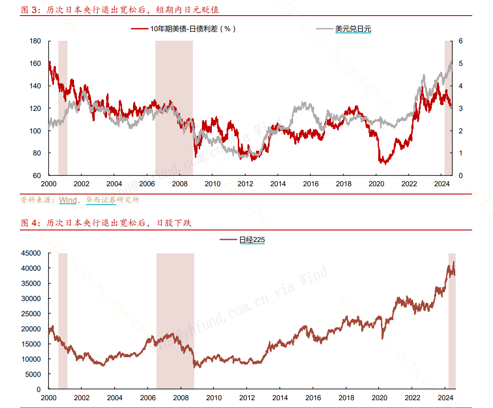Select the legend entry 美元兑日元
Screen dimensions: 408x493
[x=353, y=29]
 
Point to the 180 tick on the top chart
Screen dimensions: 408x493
[x=35, y=41]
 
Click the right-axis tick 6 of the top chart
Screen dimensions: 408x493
[x=461, y=41]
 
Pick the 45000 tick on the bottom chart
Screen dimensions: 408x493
[x=32, y=253]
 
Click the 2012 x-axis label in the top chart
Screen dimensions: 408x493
[x=245, y=184]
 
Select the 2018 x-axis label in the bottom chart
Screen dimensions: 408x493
[x=346, y=398]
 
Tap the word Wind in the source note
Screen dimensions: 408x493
[x=68, y=200]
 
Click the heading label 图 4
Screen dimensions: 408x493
[x=29, y=223]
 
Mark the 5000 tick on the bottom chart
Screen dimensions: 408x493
[x=33, y=374]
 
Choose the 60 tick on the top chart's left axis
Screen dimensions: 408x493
[x=37, y=175]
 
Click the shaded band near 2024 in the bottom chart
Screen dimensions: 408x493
[x=452, y=321]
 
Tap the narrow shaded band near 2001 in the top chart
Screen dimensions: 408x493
[x=63, y=108]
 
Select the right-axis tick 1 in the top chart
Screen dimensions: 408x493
[x=461, y=153]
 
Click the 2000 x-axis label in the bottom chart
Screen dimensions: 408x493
[x=49, y=398]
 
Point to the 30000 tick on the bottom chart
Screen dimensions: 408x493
[x=32, y=298]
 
